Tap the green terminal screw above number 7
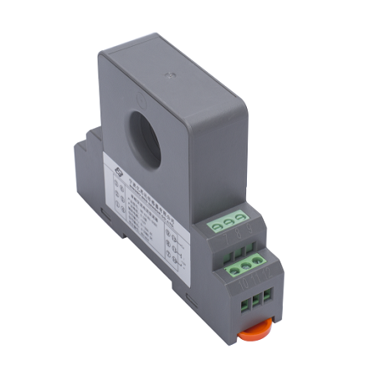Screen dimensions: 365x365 (x=217, y=224)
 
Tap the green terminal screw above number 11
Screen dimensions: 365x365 (x=245, y=267)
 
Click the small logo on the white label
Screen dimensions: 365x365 (x=117, y=167)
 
